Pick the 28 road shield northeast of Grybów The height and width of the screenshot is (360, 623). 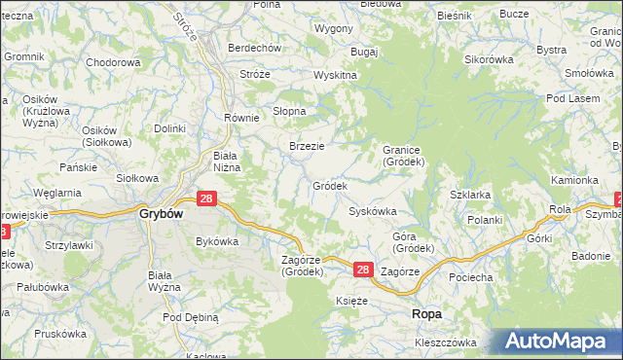tap(205, 198)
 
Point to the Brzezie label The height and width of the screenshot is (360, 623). tap(307, 146)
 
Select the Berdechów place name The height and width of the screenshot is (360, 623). tap(253, 48)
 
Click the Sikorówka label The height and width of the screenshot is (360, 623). tap(488, 59)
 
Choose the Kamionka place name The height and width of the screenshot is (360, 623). tap(573, 180)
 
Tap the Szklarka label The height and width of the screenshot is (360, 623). tap(470, 195)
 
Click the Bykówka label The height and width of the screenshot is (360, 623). tap(217, 241)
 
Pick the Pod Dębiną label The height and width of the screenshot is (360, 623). tap(191, 317)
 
